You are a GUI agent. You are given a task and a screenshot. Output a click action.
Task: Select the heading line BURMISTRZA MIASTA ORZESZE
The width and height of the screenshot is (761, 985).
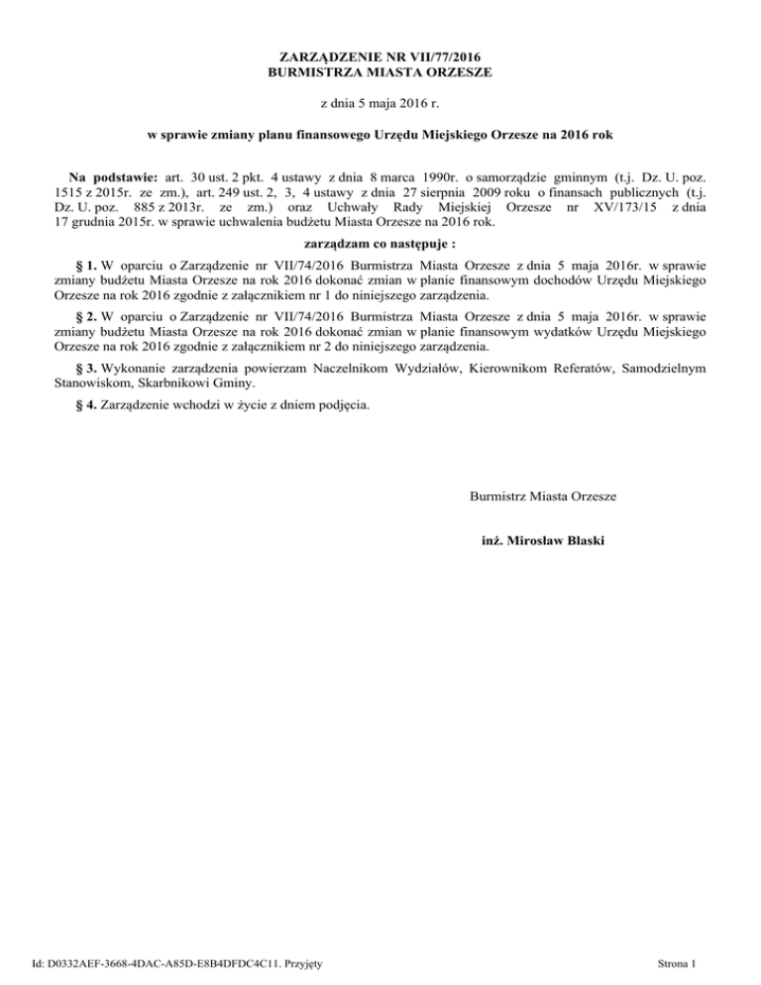coord(380,72)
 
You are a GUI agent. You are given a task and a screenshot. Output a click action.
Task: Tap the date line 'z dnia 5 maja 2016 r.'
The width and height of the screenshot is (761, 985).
coord(380,102)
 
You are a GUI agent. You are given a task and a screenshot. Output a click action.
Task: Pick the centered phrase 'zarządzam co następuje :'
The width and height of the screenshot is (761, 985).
coord(380,243)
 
